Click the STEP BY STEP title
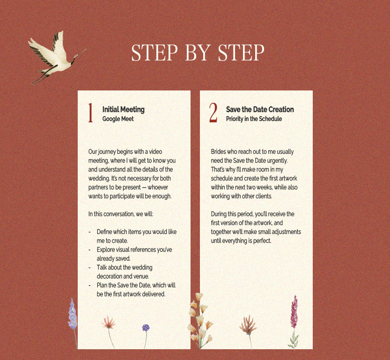(198, 52)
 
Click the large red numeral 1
(90, 113)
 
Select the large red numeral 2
(213, 113)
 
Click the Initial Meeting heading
(124, 109)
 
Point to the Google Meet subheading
(118, 119)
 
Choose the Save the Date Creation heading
(260, 109)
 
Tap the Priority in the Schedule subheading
(254, 119)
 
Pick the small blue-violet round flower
(146, 328)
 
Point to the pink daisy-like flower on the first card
(109, 323)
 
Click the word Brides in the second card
(218, 151)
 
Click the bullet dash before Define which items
(89, 232)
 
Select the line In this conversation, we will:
(121, 214)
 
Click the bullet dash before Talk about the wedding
(89, 268)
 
